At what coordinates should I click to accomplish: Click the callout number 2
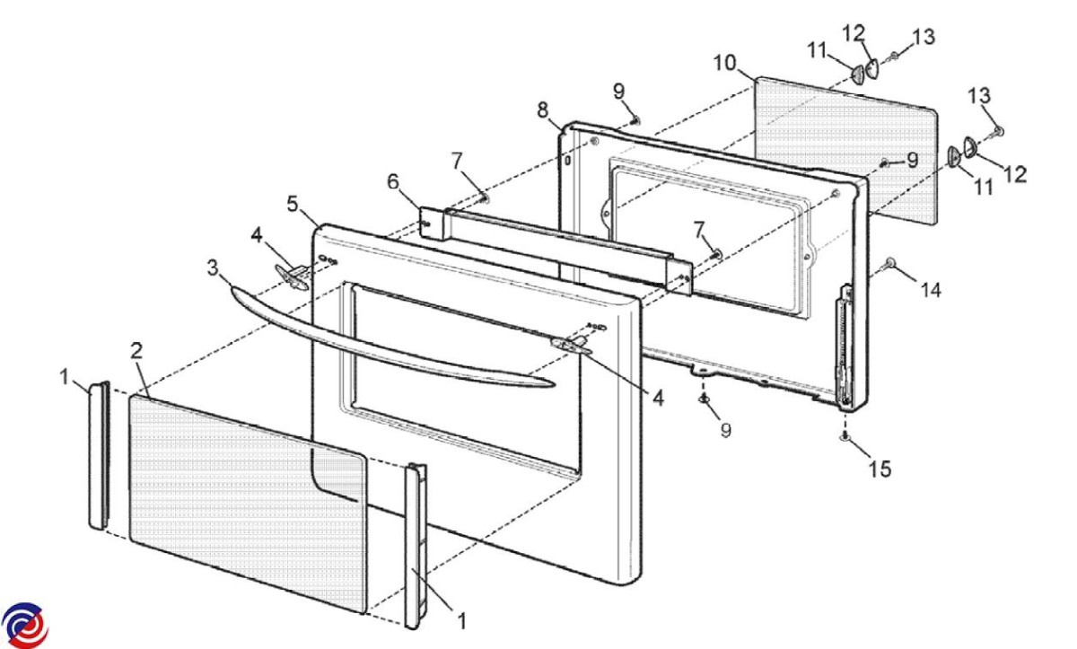pyautogui.click(x=136, y=351)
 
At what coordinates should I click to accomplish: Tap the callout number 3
pyautogui.click(x=212, y=268)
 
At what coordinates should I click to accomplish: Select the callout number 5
pyautogui.click(x=293, y=204)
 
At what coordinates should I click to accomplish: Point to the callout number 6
pyautogui.click(x=392, y=182)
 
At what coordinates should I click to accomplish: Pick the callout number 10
pyautogui.click(x=724, y=63)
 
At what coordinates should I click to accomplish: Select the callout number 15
pyautogui.click(x=880, y=469)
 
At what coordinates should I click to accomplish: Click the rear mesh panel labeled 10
pyautogui.click(x=844, y=144)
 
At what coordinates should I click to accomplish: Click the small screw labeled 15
pyautogui.click(x=845, y=436)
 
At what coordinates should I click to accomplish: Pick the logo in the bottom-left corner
pyautogui.click(x=24, y=625)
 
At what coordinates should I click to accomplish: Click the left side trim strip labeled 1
pyautogui.click(x=99, y=455)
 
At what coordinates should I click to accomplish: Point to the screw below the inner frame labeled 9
pyautogui.click(x=705, y=398)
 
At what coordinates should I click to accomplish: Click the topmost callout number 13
pyautogui.click(x=923, y=37)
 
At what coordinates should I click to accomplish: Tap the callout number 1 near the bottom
pyautogui.click(x=462, y=618)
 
